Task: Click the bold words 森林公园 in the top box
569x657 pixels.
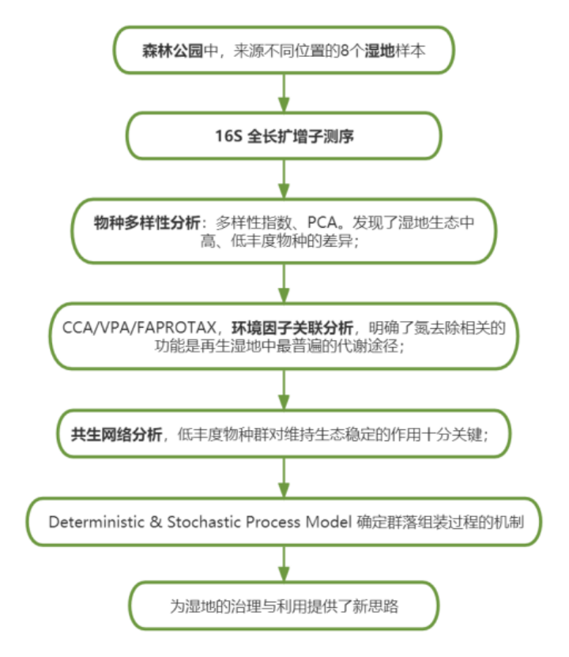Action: pyautogui.click(x=172, y=51)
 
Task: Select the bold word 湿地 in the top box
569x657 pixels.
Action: pyautogui.click(x=379, y=51)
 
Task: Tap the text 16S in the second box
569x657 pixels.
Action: pyautogui.click(x=228, y=136)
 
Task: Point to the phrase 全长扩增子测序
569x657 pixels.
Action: pyautogui.click(x=300, y=136)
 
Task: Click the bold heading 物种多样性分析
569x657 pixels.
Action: pyautogui.click(x=147, y=222)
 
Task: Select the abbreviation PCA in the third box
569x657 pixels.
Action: pyautogui.click(x=322, y=222)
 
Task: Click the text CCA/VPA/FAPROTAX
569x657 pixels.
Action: pyautogui.click(x=138, y=327)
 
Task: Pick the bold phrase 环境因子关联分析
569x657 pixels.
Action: pyautogui.click(x=292, y=327)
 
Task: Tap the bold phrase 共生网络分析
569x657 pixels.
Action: pyautogui.click(x=116, y=434)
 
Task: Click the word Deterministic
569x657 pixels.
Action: pyautogui.click(x=96, y=522)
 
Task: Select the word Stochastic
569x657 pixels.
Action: pyautogui.click(x=204, y=522)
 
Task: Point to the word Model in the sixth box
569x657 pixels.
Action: pyautogui.click(x=328, y=522)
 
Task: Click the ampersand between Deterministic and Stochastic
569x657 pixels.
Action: pyautogui.click(x=156, y=522)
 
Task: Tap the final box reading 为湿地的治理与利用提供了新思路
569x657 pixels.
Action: pyautogui.click(x=284, y=606)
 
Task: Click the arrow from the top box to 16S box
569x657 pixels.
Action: pyautogui.click(x=284, y=93)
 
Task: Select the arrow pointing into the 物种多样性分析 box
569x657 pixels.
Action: pyautogui.click(x=284, y=179)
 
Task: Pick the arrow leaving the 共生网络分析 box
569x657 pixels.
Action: pyautogui.click(x=284, y=478)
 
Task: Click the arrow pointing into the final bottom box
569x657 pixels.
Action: pyautogui.click(x=284, y=564)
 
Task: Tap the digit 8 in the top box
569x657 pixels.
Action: pyautogui.click(x=344, y=51)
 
